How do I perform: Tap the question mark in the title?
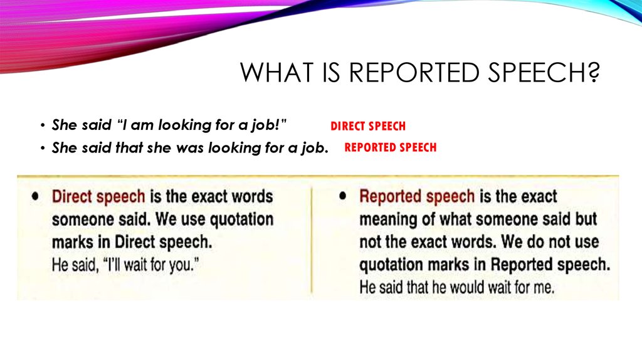[x=592, y=73]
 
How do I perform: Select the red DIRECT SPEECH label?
[x=368, y=126]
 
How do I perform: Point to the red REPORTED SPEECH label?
[x=390, y=148]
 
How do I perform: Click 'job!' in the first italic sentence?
[x=271, y=125]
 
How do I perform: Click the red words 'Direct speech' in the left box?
[x=98, y=196]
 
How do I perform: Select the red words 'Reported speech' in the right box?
[x=416, y=196]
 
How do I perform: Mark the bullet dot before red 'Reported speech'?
[x=342, y=196]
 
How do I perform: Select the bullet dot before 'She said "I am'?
[x=42, y=125]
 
